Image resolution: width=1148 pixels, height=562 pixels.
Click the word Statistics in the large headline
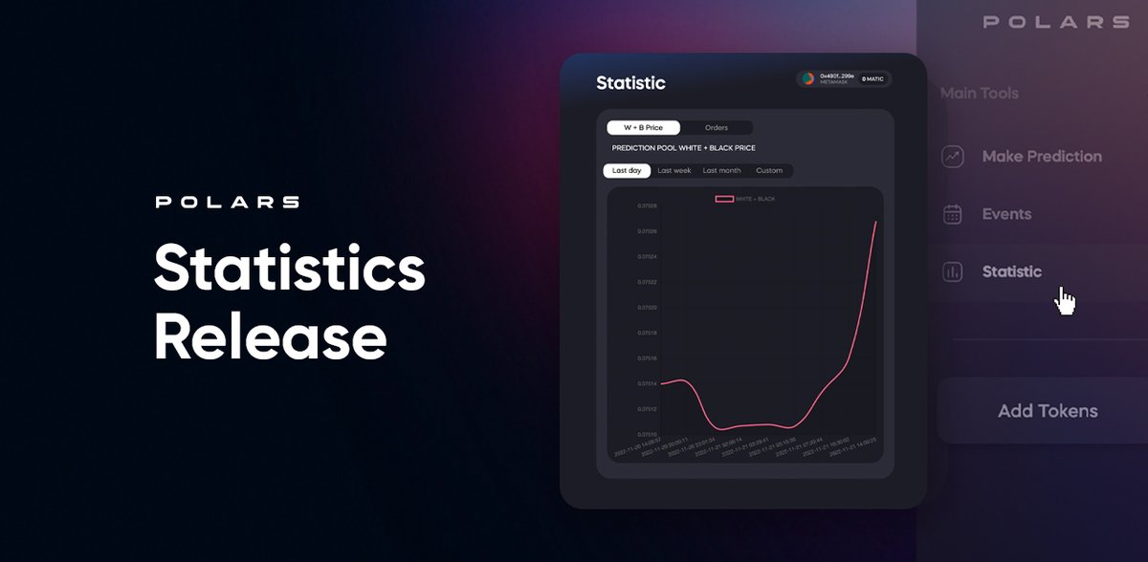click(x=289, y=270)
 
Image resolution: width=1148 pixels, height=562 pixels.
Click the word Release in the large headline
click(x=270, y=336)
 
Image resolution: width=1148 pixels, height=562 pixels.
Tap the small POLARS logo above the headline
click(x=227, y=202)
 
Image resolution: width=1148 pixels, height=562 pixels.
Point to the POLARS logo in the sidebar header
click(x=1055, y=22)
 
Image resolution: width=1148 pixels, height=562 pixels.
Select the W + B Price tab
click(x=642, y=127)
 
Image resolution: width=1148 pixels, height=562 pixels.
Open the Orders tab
click(x=716, y=127)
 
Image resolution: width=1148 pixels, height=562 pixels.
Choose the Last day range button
click(x=627, y=171)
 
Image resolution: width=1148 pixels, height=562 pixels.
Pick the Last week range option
click(x=674, y=171)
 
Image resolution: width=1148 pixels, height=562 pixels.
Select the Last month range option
click(x=721, y=171)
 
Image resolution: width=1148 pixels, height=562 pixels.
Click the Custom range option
click(x=769, y=171)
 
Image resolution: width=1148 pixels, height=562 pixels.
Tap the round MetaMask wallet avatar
click(x=808, y=79)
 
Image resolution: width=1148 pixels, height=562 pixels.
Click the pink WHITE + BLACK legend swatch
click(x=724, y=199)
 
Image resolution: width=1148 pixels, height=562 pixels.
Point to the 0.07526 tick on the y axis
click(x=648, y=231)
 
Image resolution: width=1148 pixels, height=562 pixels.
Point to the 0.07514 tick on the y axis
click(x=648, y=384)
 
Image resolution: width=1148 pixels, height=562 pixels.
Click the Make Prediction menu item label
click(x=1042, y=157)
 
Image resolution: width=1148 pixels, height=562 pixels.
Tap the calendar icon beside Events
click(x=952, y=214)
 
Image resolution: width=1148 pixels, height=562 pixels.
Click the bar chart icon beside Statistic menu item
click(x=952, y=272)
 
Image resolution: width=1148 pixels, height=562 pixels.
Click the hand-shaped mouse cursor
click(x=1065, y=301)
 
